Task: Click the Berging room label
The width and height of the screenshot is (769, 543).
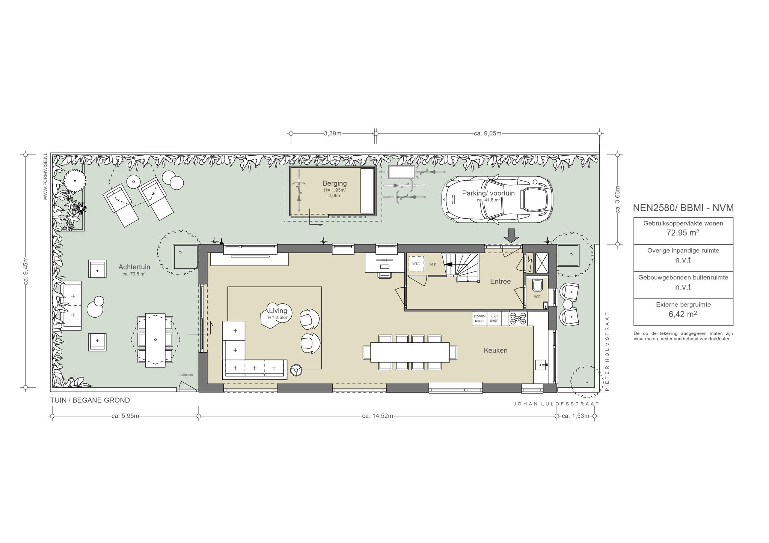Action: [335, 183]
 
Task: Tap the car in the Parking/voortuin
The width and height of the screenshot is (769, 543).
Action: [497, 199]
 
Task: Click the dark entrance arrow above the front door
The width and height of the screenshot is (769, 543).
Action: [511, 235]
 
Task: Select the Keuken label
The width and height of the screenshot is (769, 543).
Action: [495, 350]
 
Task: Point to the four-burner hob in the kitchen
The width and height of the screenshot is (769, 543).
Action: [518, 319]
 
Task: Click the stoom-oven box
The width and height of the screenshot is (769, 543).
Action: [479, 319]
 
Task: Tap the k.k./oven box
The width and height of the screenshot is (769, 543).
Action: [494, 319]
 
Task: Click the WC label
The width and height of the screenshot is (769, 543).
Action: [537, 297]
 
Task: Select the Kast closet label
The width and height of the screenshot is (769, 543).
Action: [433, 264]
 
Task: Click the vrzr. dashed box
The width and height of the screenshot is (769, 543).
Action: [416, 264]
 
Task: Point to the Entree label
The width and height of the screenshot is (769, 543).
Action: [500, 281]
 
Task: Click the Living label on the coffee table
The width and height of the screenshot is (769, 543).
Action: [278, 310]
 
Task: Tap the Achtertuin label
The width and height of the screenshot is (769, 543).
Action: [134, 267]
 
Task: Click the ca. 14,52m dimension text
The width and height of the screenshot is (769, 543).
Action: [377, 416]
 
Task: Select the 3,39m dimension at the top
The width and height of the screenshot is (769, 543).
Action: [333, 133]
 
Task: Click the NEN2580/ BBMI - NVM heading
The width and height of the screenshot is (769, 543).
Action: [683, 208]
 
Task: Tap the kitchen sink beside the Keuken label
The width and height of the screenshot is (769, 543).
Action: [541, 364]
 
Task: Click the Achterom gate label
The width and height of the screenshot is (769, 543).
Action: [186, 375]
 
